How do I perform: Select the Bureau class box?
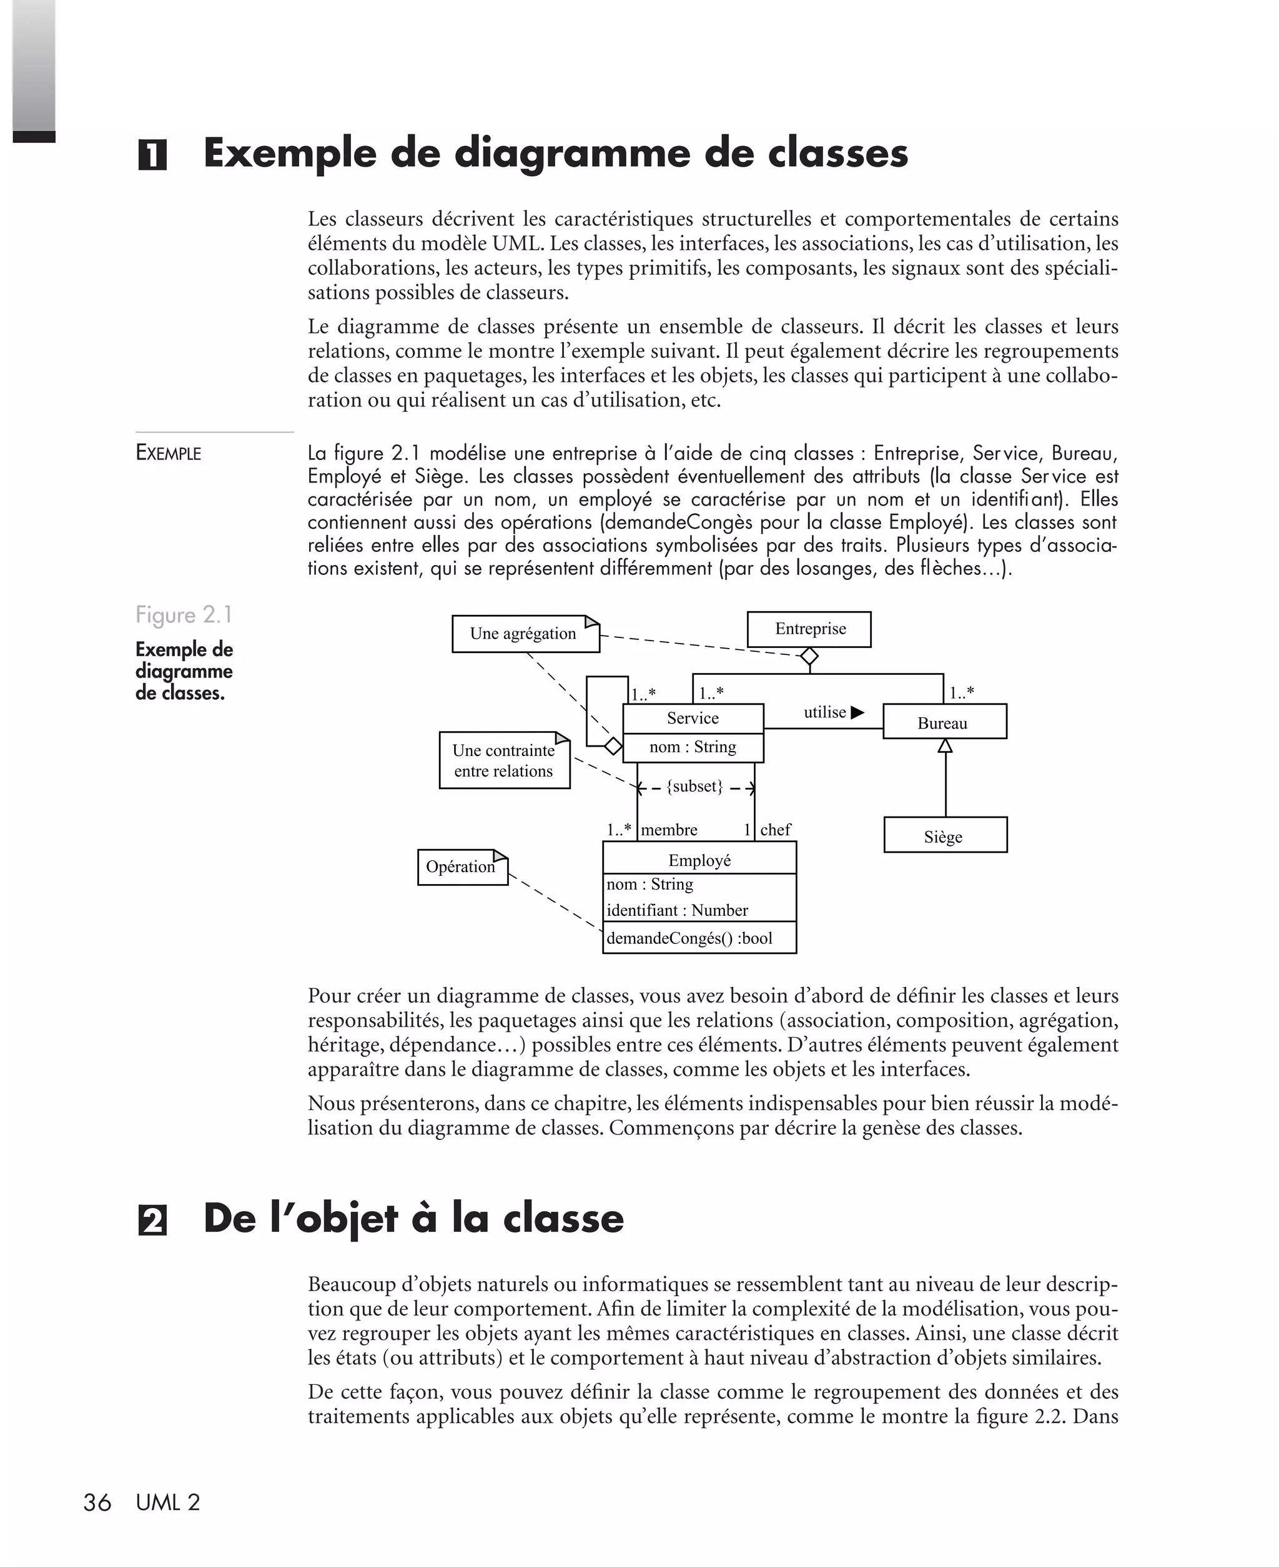pos(944,722)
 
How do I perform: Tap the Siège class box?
pos(946,836)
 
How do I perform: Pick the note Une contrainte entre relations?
pos(504,760)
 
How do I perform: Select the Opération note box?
pos(462,867)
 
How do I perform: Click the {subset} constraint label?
pos(694,787)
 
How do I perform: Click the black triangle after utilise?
pos(857,712)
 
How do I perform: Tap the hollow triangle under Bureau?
pos(946,746)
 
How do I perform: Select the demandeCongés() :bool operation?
pos(689,938)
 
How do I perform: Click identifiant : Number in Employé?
pos(677,910)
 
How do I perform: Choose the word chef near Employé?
pos(775,830)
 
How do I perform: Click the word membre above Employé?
pos(669,830)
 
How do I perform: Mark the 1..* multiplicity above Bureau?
pos(962,692)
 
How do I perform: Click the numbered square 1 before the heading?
pos(152,155)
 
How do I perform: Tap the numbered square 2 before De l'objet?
pos(152,1221)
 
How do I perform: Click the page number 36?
pos(97,1503)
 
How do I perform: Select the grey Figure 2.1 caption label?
pos(184,615)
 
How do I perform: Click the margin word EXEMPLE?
pos(168,453)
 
